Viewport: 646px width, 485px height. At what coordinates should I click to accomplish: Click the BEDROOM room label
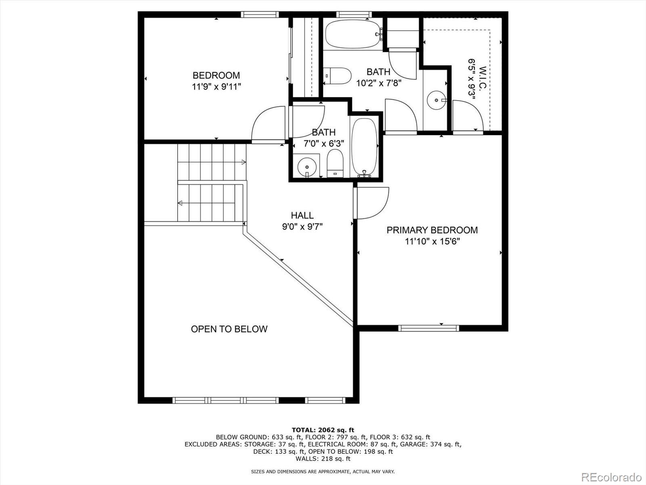point(216,76)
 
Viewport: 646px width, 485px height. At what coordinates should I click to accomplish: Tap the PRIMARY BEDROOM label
point(432,230)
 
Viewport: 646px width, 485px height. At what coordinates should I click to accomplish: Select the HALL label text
point(302,215)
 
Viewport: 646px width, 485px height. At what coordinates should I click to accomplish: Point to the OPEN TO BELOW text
point(229,329)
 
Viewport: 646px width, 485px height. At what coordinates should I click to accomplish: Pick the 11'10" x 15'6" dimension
point(432,241)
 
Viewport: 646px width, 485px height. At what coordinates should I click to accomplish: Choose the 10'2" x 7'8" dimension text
point(379,83)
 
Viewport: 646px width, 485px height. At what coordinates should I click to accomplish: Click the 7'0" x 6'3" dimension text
point(324,144)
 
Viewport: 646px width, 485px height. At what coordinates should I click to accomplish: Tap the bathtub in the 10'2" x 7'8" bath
point(353,34)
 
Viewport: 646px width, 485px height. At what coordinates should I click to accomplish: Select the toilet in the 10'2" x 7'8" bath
point(337,76)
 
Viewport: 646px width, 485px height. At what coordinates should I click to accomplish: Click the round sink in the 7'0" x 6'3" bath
point(307,167)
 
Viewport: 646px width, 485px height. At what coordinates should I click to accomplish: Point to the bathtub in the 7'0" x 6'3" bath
point(364,147)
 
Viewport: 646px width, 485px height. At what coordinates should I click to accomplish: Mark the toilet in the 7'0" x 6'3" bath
point(335,163)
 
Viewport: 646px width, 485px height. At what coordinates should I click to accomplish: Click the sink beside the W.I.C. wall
point(436,100)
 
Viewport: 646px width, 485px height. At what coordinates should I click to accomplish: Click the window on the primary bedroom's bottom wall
point(428,328)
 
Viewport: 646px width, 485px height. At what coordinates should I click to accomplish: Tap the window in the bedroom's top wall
point(260,15)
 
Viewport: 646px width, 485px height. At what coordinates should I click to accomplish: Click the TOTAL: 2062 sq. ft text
point(323,430)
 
